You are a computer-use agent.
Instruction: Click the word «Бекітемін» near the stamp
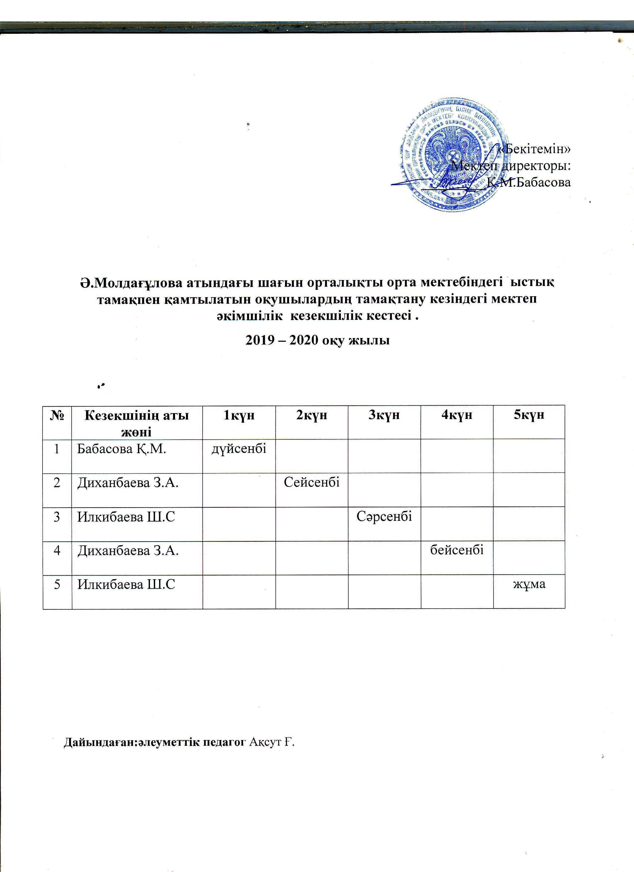[x=533, y=150]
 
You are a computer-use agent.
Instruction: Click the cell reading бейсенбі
[x=457, y=550]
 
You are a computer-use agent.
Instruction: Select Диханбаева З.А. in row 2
[x=128, y=483]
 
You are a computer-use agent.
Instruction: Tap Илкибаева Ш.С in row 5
[x=126, y=585]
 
